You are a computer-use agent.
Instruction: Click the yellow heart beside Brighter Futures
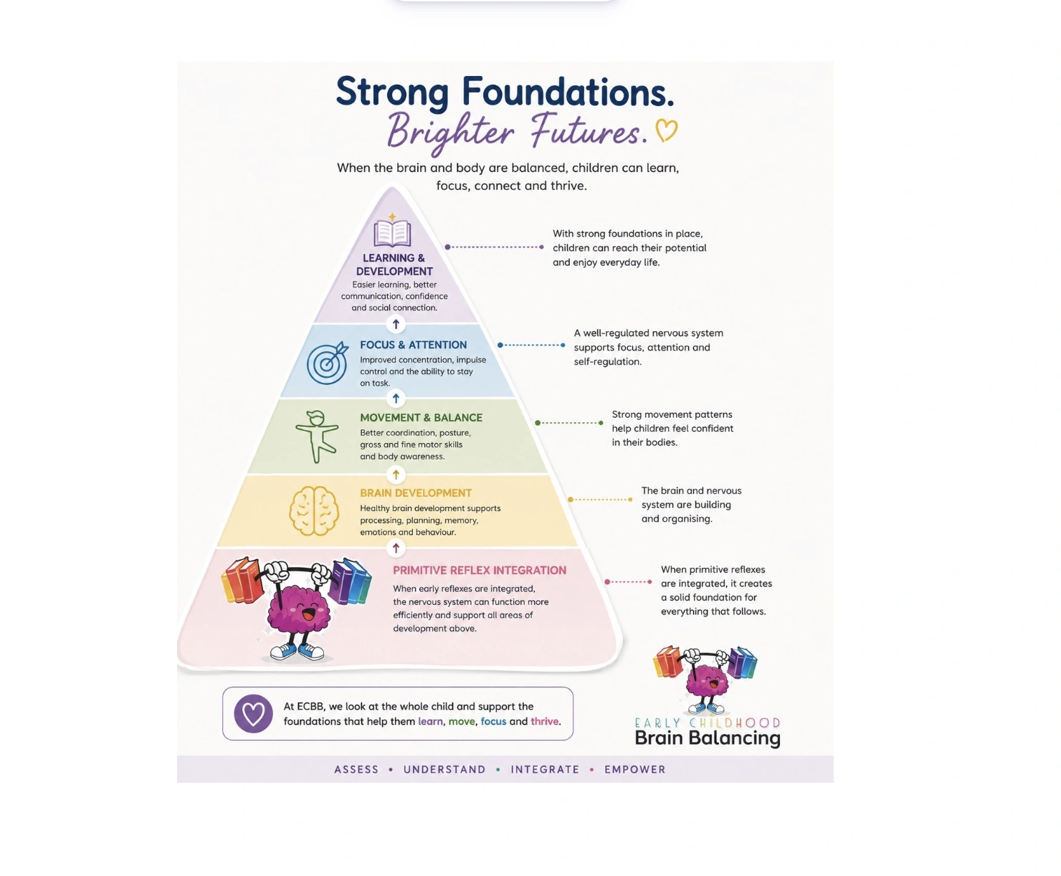pos(666,130)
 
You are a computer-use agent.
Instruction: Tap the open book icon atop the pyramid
pos(391,232)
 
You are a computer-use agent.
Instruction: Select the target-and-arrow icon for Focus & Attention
pos(328,362)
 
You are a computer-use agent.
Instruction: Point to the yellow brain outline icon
pos(314,510)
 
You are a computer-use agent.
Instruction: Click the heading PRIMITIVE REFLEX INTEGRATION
pos(479,570)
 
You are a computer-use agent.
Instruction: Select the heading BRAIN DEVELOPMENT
pos(416,493)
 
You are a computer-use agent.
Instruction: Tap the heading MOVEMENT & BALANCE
pos(422,418)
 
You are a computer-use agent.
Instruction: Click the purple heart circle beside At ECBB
pos(253,713)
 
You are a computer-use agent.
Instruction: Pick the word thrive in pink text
pos(544,721)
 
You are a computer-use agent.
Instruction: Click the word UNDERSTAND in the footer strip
pos(444,769)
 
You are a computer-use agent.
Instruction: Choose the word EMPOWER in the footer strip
pos(634,769)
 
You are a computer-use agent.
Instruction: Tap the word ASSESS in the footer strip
pos(356,769)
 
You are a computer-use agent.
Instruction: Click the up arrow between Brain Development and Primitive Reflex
pos(396,548)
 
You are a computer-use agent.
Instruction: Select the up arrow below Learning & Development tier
pos(396,324)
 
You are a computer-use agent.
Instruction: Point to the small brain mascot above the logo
pos(705,680)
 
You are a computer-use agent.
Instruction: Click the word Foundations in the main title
pos(568,92)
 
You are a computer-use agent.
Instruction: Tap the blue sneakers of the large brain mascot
pos(298,652)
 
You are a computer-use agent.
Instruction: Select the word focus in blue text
pos(493,721)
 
